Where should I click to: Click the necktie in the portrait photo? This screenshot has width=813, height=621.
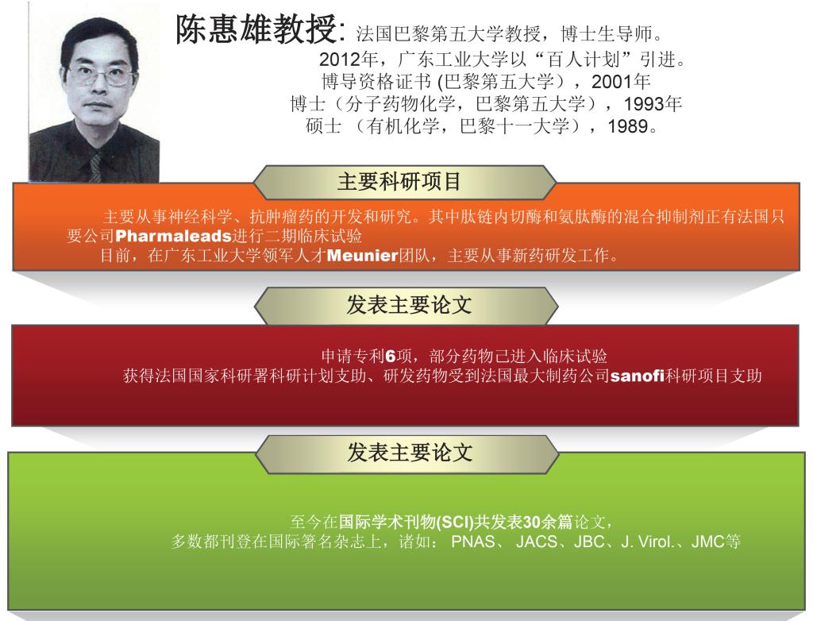point(95,167)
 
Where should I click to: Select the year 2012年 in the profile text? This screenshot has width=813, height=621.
point(348,60)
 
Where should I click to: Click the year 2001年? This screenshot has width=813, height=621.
point(621,82)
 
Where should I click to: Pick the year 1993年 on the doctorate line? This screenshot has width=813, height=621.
point(653,104)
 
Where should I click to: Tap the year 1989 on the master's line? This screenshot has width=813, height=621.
point(627,126)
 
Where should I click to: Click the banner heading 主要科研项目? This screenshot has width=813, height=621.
point(399,182)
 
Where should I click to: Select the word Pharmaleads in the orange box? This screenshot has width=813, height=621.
point(172,236)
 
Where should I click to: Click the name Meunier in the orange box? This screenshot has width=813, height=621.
point(362,255)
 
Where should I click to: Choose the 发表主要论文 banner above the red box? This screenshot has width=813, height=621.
point(409,305)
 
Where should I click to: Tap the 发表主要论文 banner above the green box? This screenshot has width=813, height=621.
point(410,453)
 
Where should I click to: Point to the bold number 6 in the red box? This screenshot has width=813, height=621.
point(391,357)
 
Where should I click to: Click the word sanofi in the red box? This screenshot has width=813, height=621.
point(638,376)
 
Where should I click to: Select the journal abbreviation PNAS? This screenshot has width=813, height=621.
point(473,542)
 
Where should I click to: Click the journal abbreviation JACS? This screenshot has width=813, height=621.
point(537,542)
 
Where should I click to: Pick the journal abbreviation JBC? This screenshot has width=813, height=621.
point(590,542)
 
